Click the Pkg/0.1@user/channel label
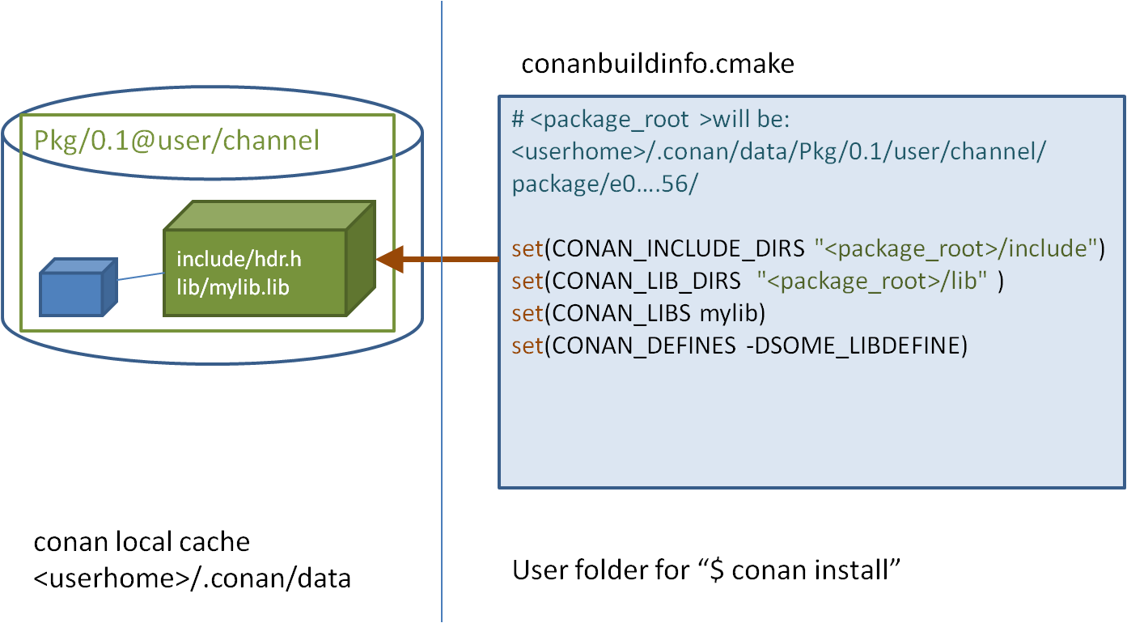pos(177,142)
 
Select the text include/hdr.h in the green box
pos(239,260)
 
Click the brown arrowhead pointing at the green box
pos(391,259)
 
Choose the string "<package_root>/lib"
pos(872,282)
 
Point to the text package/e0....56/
pos(604,184)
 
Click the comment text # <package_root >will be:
pos(650,120)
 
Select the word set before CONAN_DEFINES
pos(527,346)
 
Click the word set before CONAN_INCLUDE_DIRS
pos(527,249)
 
